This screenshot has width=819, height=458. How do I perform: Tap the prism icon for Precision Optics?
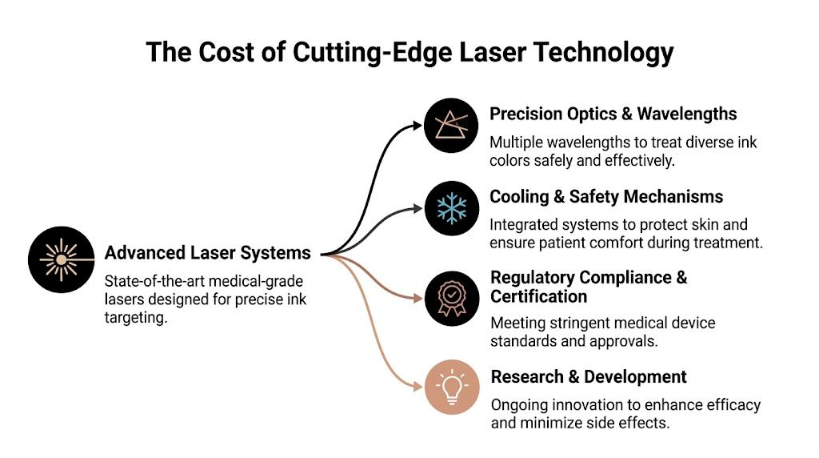point(452,126)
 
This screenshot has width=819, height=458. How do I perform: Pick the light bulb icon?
point(452,388)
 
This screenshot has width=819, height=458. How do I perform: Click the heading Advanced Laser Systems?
point(208,254)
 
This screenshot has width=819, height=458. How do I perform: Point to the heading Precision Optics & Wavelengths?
point(613,114)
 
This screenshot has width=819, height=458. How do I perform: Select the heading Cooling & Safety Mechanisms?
point(606,197)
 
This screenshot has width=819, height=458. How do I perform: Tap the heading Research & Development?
point(589,376)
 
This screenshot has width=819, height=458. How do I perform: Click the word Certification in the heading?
point(538,297)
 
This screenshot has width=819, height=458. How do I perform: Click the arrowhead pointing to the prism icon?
point(416,124)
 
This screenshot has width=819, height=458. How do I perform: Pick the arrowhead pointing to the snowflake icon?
point(416,209)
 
